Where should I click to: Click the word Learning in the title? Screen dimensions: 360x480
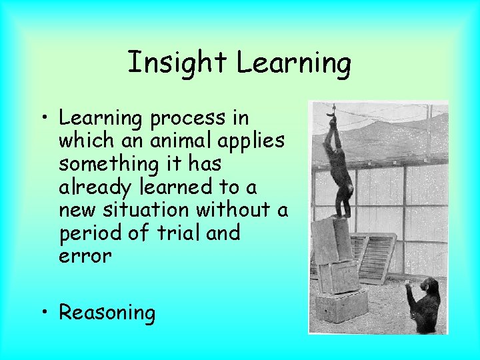293,63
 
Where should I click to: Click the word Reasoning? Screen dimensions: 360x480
107,313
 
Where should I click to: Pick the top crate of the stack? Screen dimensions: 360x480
331,239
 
